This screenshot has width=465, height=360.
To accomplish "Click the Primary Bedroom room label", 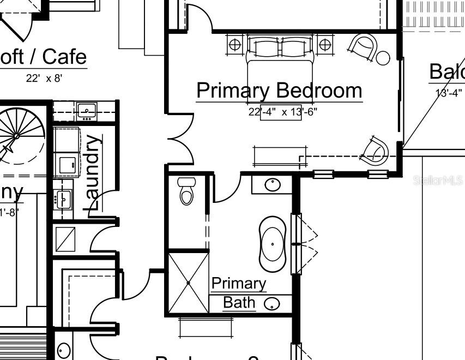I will [279, 91].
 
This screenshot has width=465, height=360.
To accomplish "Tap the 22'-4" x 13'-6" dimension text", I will [282, 112].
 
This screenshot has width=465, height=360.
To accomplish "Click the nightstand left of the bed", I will [235, 45].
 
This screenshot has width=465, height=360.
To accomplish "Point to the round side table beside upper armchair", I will [383, 57].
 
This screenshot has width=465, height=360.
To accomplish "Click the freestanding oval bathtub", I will [273, 244].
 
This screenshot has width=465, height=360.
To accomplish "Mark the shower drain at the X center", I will [188, 283].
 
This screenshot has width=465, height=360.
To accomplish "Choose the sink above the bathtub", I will [273, 184].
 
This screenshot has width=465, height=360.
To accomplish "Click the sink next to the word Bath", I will [272, 304].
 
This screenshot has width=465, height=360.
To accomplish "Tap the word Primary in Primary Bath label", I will [239, 284].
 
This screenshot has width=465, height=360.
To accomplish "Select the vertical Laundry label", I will [94, 173].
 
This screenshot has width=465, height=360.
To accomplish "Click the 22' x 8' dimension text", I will [44, 78].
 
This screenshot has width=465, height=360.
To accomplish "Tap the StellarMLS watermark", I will [438, 179].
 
